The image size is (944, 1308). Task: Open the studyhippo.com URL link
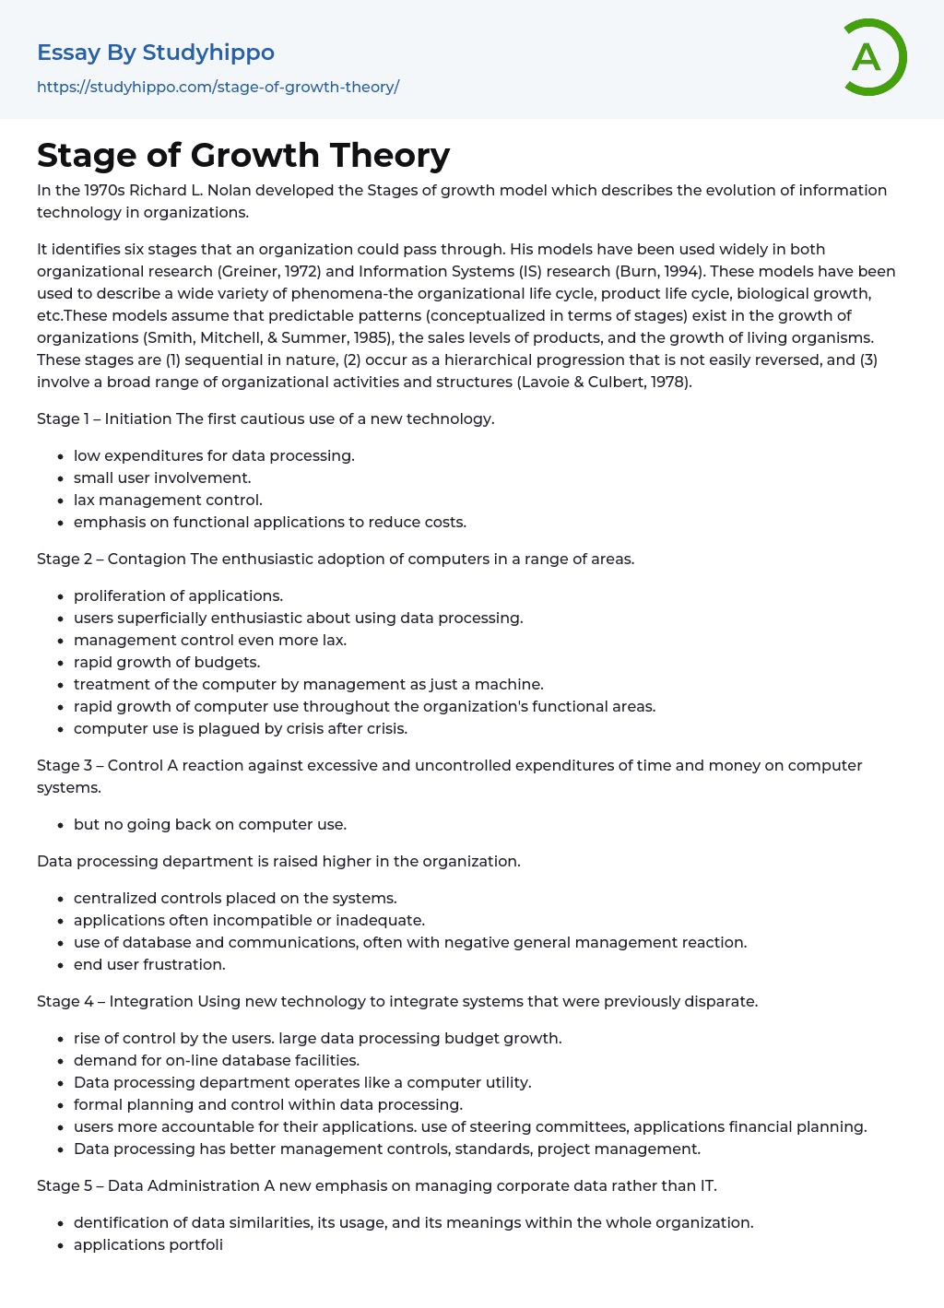[218, 87]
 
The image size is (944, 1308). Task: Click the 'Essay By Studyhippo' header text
[156, 53]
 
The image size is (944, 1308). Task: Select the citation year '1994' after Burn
[683, 271]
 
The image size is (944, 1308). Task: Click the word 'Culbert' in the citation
[617, 382]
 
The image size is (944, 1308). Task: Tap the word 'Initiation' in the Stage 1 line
[138, 418]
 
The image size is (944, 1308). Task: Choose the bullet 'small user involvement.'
[162, 477]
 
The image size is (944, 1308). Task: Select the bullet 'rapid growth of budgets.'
[167, 662]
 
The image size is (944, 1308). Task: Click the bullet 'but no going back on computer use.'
[210, 824]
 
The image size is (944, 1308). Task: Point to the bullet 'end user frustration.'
[149, 964]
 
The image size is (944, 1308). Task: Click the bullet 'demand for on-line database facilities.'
[217, 1060]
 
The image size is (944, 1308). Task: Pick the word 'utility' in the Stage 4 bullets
[506, 1082]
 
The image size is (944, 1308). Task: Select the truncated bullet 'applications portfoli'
[148, 1244]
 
